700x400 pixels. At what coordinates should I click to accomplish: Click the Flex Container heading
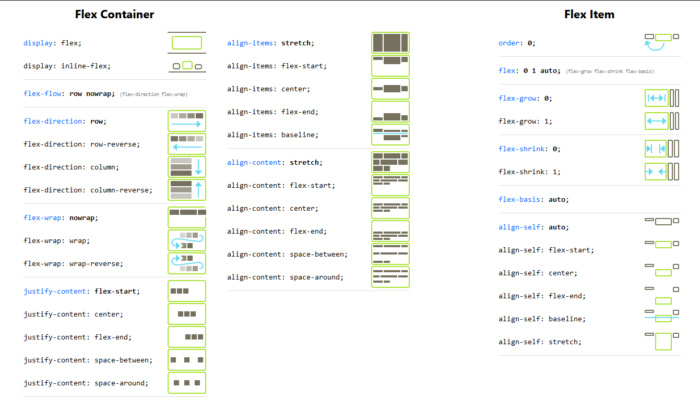(x=114, y=15)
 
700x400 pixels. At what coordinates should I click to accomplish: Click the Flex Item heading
(x=589, y=15)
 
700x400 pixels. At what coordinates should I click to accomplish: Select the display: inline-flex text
(x=67, y=66)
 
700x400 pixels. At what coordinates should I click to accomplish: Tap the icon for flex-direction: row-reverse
(x=187, y=144)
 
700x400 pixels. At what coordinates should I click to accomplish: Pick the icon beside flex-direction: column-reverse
(x=187, y=190)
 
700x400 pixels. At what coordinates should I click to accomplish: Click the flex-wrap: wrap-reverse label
(x=73, y=263)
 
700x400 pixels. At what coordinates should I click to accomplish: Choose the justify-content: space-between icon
(x=187, y=360)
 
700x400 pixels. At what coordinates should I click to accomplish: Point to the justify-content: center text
(x=73, y=314)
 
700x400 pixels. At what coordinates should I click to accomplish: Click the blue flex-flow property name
(x=41, y=93)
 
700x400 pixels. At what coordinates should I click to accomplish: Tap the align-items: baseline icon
(x=390, y=135)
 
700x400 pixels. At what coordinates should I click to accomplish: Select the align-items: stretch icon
(x=390, y=43)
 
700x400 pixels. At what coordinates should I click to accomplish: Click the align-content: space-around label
(x=285, y=277)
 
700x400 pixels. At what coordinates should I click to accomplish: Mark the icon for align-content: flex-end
(x=390, y=231)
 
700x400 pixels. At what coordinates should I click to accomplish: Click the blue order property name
(x=509, y=43)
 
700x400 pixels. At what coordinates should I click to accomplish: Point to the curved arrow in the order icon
(x=654, y=47)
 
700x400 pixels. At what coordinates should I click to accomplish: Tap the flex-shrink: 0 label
(x=529, y=149)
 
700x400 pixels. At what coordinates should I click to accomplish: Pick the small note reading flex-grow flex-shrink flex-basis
(x=610, y=71)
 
